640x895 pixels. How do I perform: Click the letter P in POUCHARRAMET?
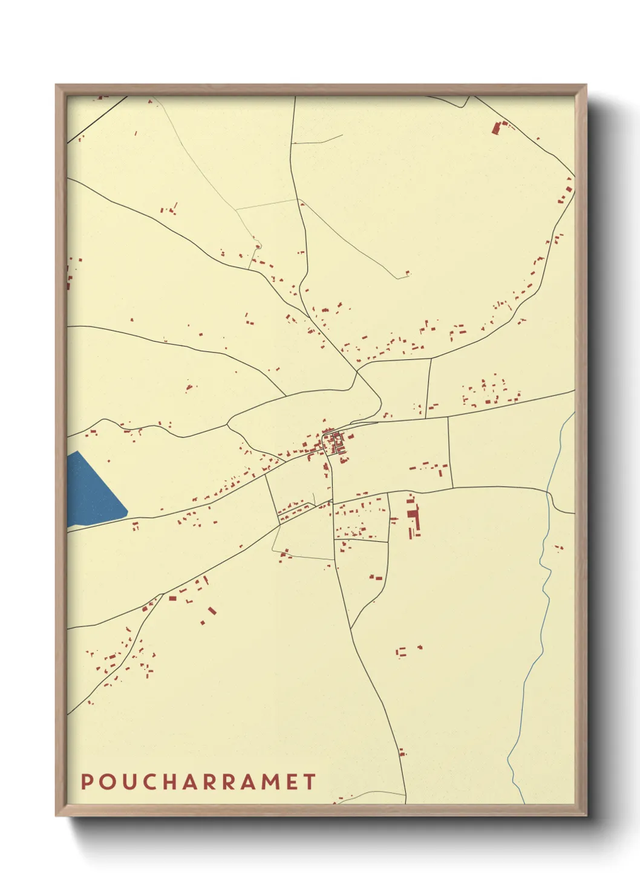[x=87, y=781]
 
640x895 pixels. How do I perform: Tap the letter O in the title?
[x=106, y=781]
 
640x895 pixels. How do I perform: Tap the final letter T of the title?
[x=309, y=781]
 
